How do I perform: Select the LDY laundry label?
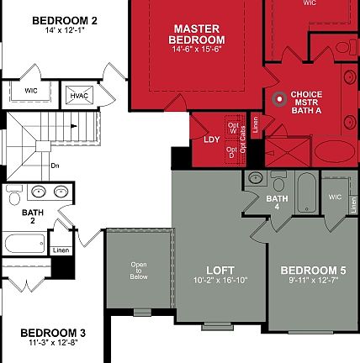(211, 139)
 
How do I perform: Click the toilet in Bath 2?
(14, 197)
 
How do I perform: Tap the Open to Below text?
(139, 274)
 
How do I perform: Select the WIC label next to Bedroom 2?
(31, 88)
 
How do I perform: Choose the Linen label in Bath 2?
(61, 250)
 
